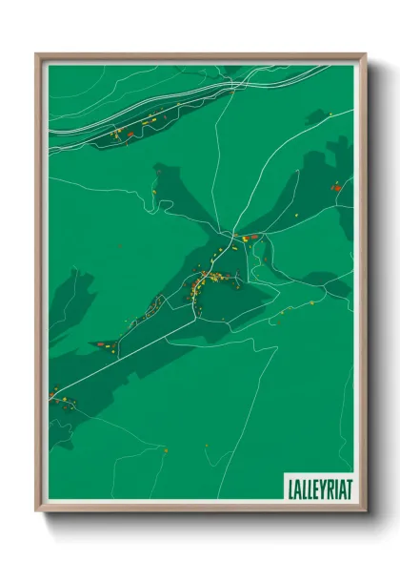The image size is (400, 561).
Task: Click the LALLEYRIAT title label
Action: pyautogui.click(x=319, y=488)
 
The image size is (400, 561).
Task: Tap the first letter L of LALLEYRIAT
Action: pyautogui.click(x=290, y=488)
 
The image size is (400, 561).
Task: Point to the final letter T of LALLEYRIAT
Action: pyautogui.click(x=349, y=488)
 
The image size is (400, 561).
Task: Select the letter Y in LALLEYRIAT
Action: pyautogui.click(x=318, y=488)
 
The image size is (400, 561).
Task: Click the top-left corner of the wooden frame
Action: pyautogui.click(x=37, y=54)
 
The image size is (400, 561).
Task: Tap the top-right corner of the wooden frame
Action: pyautogui.click(x=365, y=54)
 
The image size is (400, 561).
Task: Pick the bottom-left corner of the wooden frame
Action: pyautogui.click(x=37, y=510)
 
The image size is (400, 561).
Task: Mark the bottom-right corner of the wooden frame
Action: pyautogui.click(x=365, y=510)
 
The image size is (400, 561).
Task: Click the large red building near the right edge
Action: pyautogui.click(x=336, y=187)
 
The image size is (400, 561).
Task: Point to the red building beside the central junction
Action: pyautogui.click(x=246, y=237)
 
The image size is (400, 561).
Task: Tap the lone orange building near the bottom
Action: pyautogui.click(x=165, y=449)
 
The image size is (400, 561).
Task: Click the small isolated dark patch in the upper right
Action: pyautogui.click(x=316, y=117)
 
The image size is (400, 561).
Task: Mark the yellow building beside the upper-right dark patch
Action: pyautogui.click(x=330, y=114)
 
